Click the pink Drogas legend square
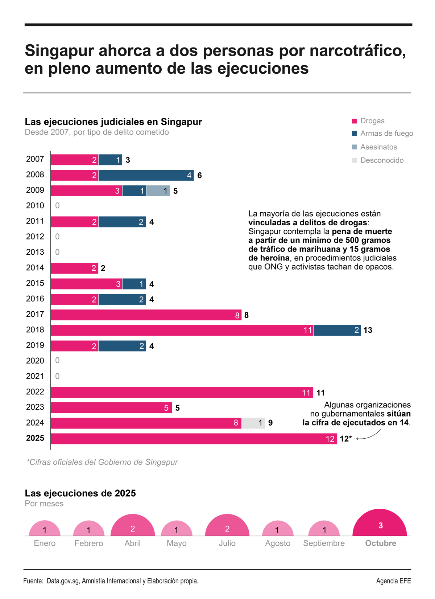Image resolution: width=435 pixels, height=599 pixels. point(354,121)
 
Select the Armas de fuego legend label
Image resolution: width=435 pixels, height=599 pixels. point(386,134)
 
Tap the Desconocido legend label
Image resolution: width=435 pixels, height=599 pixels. point(382,160)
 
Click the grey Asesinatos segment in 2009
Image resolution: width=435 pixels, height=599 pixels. point(158,191)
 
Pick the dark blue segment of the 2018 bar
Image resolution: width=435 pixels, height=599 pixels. point(337,330)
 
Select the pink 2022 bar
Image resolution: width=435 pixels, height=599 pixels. point(181,393)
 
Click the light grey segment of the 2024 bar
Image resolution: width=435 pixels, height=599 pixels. point(253,423)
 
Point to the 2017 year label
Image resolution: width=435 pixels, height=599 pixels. point(35,314)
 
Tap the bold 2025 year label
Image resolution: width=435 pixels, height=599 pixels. point(35,438)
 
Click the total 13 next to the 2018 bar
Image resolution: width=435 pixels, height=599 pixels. point(368,330)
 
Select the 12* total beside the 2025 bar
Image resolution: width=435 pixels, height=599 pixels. point(345,439)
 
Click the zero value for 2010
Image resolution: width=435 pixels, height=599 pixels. point(57,206)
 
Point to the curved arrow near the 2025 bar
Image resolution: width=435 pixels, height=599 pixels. point(369,435)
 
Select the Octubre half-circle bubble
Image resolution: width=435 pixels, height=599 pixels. point(380,525)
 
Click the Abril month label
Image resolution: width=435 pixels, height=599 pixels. point(132,543)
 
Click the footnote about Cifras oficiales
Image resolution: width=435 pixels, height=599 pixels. point(102,462)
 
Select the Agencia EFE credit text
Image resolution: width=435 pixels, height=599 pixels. point(393,581)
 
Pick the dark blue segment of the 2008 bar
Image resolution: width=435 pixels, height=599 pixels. point(146,176)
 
